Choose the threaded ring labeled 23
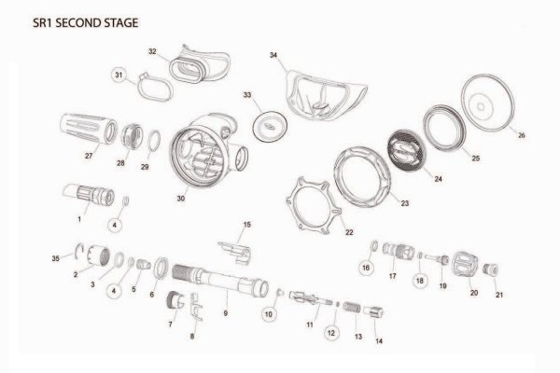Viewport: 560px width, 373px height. point(362,169)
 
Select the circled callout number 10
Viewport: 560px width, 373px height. point(269,316)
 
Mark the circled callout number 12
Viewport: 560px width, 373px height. point(330,331)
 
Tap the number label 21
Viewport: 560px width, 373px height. point(497,296)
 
